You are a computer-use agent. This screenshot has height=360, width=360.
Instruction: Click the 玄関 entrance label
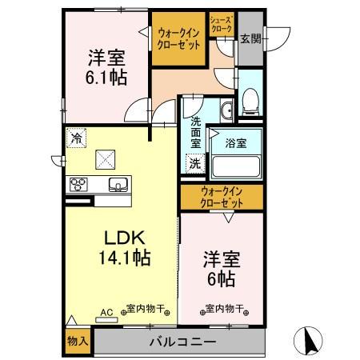[x=250, y=38]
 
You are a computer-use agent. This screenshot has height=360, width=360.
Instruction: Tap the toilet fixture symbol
[x=250, y=100]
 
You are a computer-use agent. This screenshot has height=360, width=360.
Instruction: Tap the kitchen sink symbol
[x=118, y=184]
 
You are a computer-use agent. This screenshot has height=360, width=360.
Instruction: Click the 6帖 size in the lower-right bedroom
[x=220, y=279]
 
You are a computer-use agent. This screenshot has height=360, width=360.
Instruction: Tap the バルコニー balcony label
[x=182, y=342]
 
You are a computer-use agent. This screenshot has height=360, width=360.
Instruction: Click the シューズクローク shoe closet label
[x=221, y=24]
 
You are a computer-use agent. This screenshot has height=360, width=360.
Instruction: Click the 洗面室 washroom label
[x=195, y=133]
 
